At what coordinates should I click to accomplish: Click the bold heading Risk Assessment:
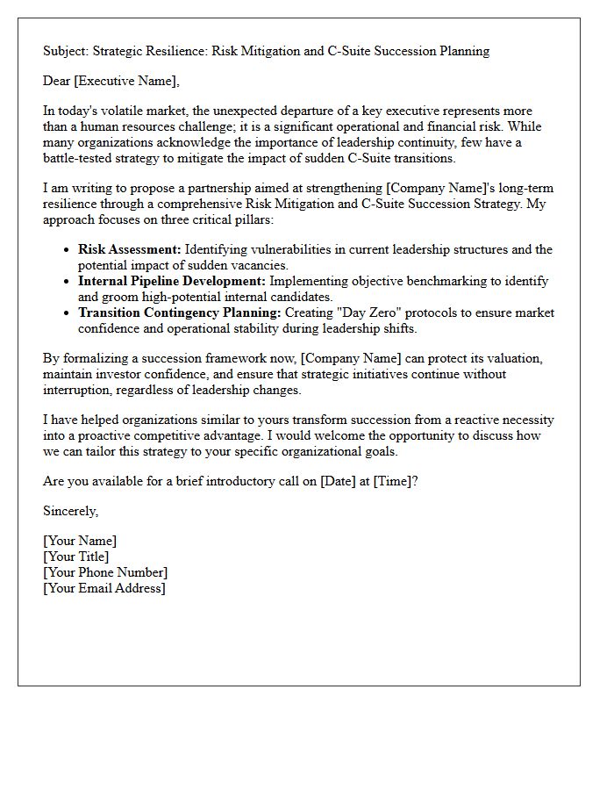[130, 249]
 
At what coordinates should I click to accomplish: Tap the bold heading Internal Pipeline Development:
[172, 281]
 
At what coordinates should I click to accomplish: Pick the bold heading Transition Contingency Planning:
[180, 312]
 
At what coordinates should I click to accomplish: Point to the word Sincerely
[70, 511]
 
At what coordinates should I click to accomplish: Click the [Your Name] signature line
[80, 541]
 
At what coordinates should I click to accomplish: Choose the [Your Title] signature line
[76, 557]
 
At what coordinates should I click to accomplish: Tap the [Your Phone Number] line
[105, 572]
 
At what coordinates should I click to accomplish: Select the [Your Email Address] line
[104, 588]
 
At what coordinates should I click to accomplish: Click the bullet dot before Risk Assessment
[67, 250]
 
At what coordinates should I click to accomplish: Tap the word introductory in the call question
[233, 480]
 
